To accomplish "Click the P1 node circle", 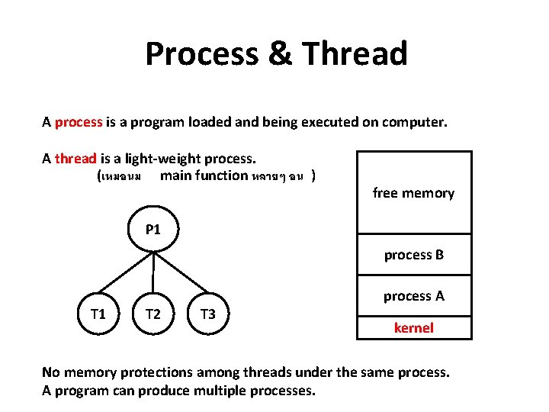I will pyautogui.click(x=153, y=229).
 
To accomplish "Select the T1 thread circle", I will pyautogui.click(x=98, y=314).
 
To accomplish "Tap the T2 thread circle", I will pyautogui.click(x=153, y=314).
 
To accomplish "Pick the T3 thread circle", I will pyautogui.click(x=207, y=314).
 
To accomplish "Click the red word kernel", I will pyautogui.click(x=413, y=328).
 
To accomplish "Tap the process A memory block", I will pyautogui.click(x=413, y=296).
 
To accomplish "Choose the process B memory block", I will pyautogui.click(x=413, y=255).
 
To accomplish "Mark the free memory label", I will pyautogui.click(x=413, y=193).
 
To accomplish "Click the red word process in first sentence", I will pyautogui.click(x=79, y=122).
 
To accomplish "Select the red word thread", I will pyautogui.click(x=75, y=159).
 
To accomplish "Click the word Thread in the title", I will pyautogui.click(x=355, y=54).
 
